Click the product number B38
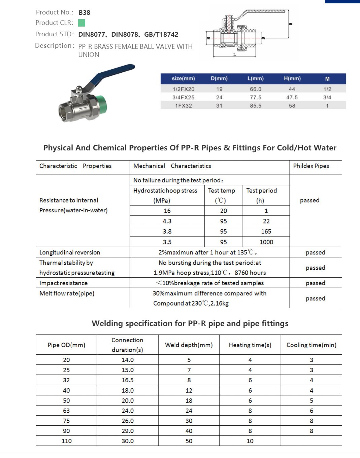pyautogui.click(x=84, y=12)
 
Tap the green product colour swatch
pyautogui.click(x=81, y=23)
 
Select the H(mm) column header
pyautogui.click(x=292, y=78)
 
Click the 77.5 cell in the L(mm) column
pyautogui.click(x=255, y=97)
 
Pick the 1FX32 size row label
pyautogui.click(x=183, y=106)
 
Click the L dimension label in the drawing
pyautogui.click(x=234, y=55)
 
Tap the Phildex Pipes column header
pyautogui.click(x=311, y=166)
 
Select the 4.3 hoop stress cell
pyautogui.click(x=167, y=221)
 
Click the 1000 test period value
pyautogui.click(x=266, y=242)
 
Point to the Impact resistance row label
pyautogui.click(x=63, y=283)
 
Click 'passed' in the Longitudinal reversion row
pyautogui.click(x=315, y=252)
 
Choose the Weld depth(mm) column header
pyautogui.click(x=189, y=345)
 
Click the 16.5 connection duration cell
pyautogui.click(x=128, y=380)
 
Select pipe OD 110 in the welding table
pyautogui.click(x=66, y=441)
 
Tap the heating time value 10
pyautogui.click(x=250, y=441)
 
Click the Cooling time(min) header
pyautogui.click(x=311, y=345)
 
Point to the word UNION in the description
pyautogui.click(x=89, y=55)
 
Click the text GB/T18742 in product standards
pyautogui.click(x=161, y=34)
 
